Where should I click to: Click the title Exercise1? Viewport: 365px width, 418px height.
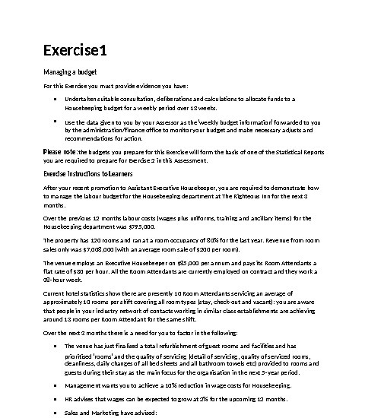point(75,52)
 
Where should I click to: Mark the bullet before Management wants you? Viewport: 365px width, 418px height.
point(56,386)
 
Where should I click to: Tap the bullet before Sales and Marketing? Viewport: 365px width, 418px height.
point(56,413)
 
